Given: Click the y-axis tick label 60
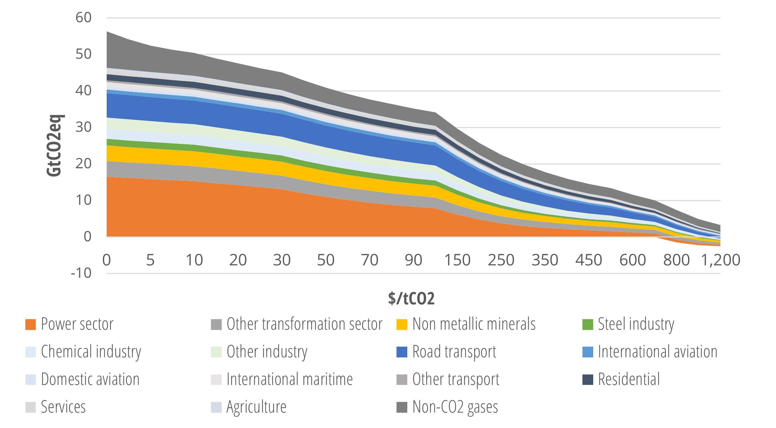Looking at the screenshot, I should click(x=83, y=18).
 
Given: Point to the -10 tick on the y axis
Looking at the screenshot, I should click(x=81, y=273).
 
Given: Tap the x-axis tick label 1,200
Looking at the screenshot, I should click(x=720, y=260).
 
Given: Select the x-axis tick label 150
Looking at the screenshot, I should click(x=457, y=260).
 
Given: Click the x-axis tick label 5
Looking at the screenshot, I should click(x=150, y=260).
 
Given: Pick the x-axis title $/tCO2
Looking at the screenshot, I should click(x=411, y=298).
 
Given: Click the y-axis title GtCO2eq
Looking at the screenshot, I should click(x=55, y=145).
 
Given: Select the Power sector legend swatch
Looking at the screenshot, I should click(x=31, y=324).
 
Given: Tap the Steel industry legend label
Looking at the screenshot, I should click(x=636, y=324).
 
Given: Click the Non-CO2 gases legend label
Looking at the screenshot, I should click(x=455, y=407).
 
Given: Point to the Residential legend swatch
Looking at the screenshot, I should click(x=588, y=380).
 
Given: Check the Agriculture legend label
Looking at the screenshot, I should click(x=256, y=407).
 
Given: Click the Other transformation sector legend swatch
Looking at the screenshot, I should click(x=216, y=324).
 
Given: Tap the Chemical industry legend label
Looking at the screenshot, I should click(x=91, y=352).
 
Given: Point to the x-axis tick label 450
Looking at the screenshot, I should click(x=588, y=260).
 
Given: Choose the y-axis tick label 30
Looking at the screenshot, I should click(x=83, y=127).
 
